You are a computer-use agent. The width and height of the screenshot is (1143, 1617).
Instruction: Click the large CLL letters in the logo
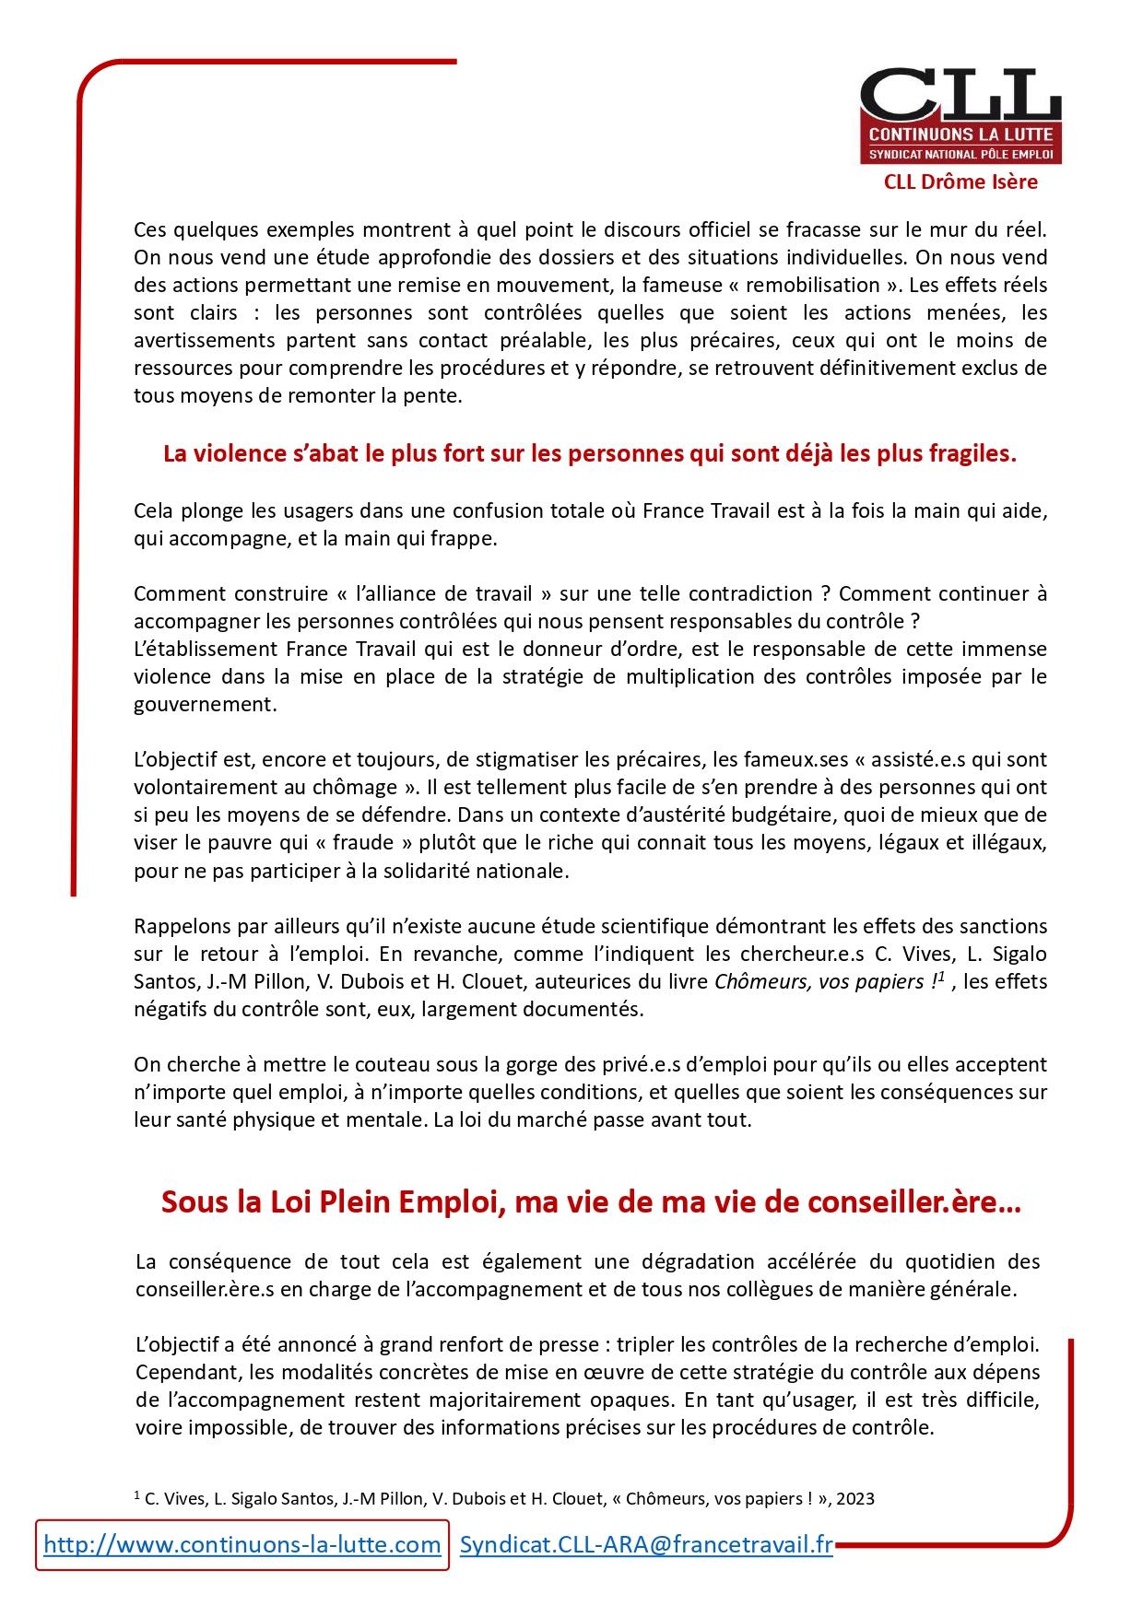click(x=960, y=96)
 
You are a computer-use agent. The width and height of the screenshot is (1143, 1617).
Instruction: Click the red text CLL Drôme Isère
click(x=960, y=182)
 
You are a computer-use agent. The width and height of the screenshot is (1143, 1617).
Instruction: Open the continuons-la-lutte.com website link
click(x=242, y=1545)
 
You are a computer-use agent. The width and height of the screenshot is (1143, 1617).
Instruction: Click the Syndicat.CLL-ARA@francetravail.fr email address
click(x=646, y=1545)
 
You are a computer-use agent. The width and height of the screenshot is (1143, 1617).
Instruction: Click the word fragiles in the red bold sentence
click(x=973, y=454)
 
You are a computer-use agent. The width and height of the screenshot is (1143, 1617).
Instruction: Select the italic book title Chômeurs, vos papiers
click(x=820, y=981)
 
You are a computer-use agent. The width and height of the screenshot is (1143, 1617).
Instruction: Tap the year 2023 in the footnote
click(x=856, y=1499)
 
